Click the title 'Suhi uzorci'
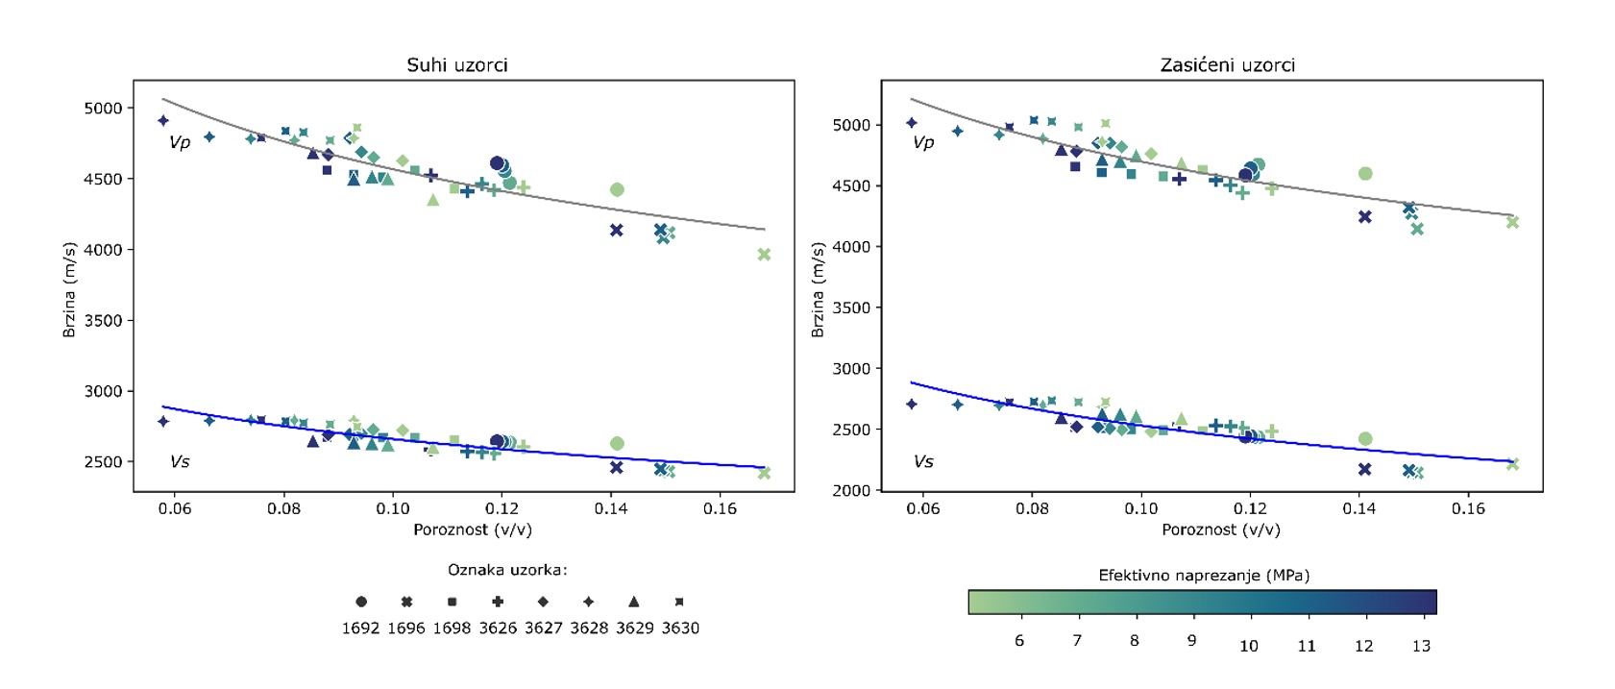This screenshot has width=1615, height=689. pos(456,65)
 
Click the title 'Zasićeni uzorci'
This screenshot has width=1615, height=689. pos(1227,65)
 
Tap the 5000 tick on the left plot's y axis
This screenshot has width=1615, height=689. pos(103,109)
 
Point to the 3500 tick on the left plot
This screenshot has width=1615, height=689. pos(103,321)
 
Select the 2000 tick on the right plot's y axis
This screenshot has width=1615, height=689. pos(851,491)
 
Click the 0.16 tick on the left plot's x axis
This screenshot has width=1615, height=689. pos(720,508)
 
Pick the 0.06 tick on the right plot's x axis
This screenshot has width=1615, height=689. pos(923,508)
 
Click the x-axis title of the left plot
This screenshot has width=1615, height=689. pos(472,529)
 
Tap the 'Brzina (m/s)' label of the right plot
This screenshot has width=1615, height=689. pos(818,289)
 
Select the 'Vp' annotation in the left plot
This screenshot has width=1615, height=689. pos(180,142)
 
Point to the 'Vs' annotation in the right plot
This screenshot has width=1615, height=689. pos(923,462)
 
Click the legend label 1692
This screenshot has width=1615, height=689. pos(360,628)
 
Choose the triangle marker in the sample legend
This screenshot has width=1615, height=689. pos(634,602)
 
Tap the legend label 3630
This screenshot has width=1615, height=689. pos(680,628)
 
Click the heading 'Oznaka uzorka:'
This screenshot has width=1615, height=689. pos(507,570)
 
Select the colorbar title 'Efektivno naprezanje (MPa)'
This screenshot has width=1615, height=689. pos(1204,576)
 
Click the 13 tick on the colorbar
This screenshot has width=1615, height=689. pos(1421,646)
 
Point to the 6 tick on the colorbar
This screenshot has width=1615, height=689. pos(1019,641)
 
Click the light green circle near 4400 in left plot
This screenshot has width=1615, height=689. pos(617,190)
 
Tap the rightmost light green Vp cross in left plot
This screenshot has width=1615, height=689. pos(764,255)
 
